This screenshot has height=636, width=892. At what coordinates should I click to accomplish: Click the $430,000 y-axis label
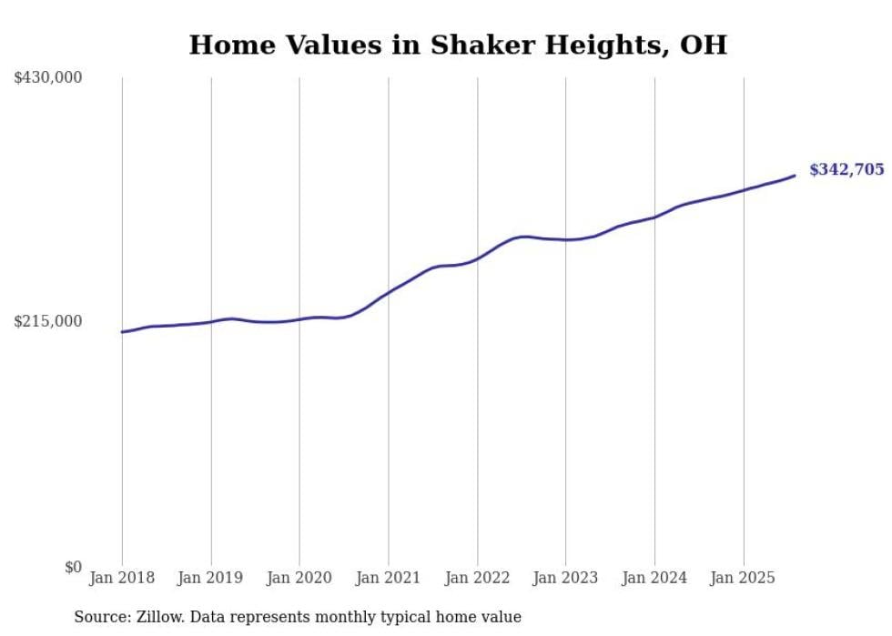pyautogui.click(x=48, y=78)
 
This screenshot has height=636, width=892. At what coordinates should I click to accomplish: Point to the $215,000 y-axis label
pyautogui.click(x=48, y=321)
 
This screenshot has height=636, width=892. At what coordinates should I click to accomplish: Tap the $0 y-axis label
pyautogui.click(x=73, y=567)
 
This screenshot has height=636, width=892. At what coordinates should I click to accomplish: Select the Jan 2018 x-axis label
pyautogui.click(x=122, y=578)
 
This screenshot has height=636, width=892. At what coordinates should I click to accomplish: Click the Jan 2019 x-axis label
pyautogui.click(x=211, y=578)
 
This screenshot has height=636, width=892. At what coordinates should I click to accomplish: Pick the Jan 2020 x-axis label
pyautogui.click(x=299, y=578)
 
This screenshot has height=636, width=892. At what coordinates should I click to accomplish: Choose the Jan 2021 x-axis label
pyautogui.click(x=389, y=578)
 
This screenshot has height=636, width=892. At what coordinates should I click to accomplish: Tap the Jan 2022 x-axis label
pyautogui.click(x=477, y=578)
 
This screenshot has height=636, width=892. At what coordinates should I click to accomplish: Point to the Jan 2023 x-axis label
pyautogui.click(x=565, y=578)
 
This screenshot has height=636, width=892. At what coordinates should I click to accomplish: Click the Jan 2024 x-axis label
pyautogui.click(x=654, y=578)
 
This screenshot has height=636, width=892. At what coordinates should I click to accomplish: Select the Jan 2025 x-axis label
pyautogui.click(x=744, y=578)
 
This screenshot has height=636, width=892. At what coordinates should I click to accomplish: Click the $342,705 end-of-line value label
pyautogui.click(x=846, y=169)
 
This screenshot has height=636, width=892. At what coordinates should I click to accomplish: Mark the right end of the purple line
pyautogui.click(x=796, y=176)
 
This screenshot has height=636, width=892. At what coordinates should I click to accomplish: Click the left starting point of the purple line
pyautogui.click(x=122, y=332)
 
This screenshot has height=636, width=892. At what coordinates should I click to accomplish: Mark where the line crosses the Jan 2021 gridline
pyautogui.click(x=389, y=292)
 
